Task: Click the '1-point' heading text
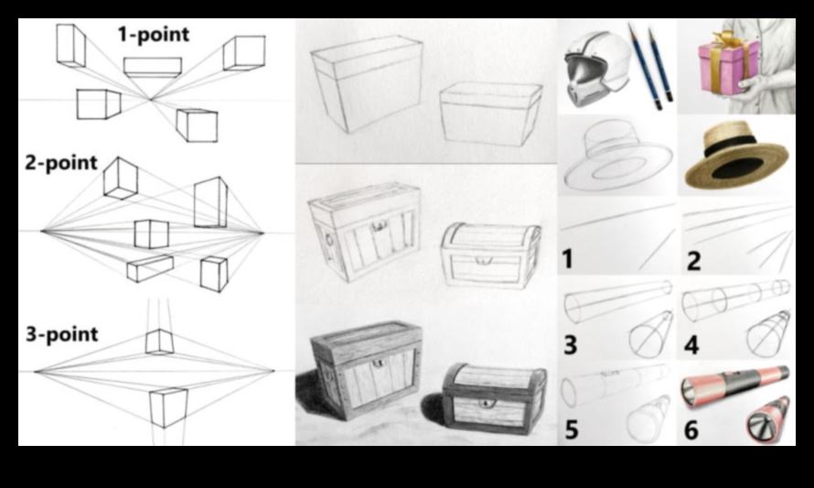pos(154,34)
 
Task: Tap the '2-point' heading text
pos(61,163)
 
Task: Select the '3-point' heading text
pos(62,334)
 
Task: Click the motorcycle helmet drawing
pos(596,69)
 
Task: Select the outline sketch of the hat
pos(617,156)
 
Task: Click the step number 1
pos(567,259)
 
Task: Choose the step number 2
pos(693,260)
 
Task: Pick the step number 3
pos(570,345)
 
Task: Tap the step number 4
pos(691,345)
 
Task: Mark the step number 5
pos(571,429)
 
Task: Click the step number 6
pos(691,429)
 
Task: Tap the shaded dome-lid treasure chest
pos(495,399)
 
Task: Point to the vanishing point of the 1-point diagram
pos(151,99)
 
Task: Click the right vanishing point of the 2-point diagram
pos(262,233)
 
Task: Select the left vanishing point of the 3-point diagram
pos(36,371)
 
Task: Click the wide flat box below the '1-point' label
pos(153,68)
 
